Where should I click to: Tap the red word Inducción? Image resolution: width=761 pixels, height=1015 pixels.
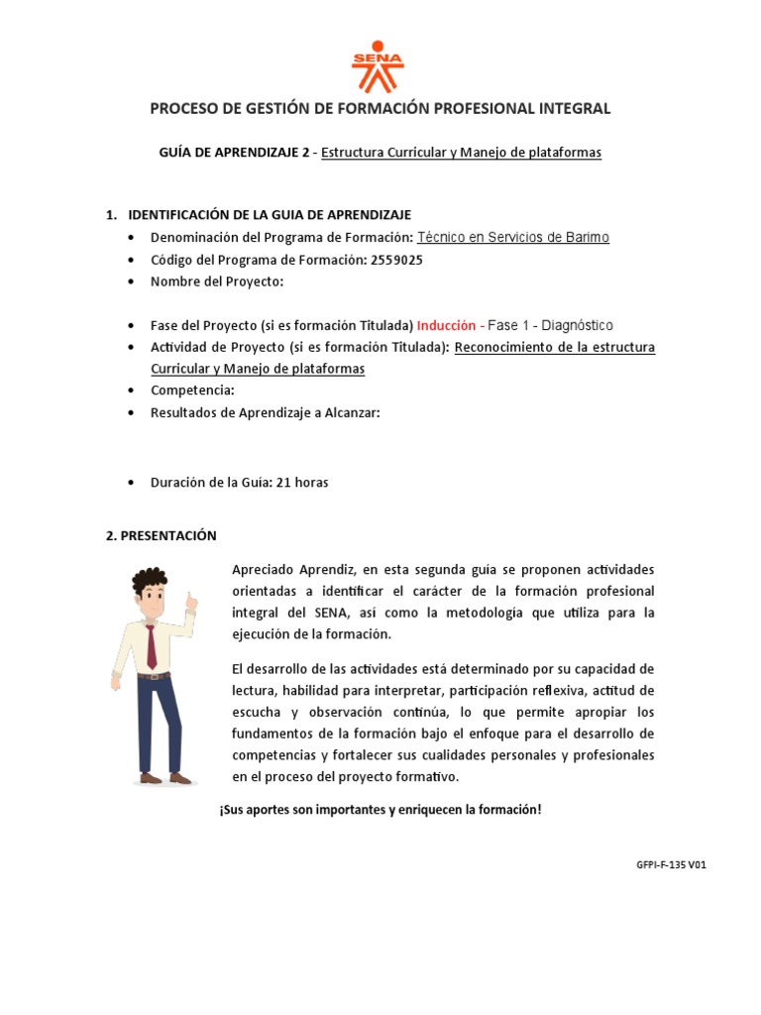click(x=447, y=326)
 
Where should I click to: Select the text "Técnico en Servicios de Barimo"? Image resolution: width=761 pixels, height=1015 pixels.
click(x=512, y=238)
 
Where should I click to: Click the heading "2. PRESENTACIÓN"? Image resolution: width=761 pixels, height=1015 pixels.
click(x=161, y=535)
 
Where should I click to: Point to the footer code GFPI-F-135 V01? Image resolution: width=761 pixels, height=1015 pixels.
click(x=671, y=864)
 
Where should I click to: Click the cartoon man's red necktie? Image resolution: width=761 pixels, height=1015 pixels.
click(x=151, y=644)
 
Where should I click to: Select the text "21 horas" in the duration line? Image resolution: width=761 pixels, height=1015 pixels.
click(x=302, y=483)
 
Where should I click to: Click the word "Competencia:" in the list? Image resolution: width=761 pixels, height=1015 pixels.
click(x=192, y=391)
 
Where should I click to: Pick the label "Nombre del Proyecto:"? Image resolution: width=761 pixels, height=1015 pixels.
click(x=217, y=282)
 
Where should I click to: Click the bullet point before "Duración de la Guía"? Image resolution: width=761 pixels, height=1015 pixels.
click(x=132, y=483)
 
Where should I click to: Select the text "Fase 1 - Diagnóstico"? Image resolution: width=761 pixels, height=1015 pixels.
click(x=551, y=326)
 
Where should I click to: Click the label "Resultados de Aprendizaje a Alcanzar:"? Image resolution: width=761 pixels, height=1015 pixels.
click(x=265, y=412)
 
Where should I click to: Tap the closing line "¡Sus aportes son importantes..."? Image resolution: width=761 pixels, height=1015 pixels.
click(x=380, y=810)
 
